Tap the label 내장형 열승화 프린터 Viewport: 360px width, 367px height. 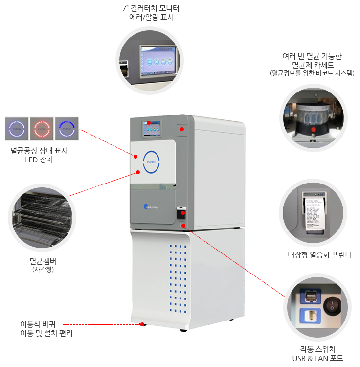319,254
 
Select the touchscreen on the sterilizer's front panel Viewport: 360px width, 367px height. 151,129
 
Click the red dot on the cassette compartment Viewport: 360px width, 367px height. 182,129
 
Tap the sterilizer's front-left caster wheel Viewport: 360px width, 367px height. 142,324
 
